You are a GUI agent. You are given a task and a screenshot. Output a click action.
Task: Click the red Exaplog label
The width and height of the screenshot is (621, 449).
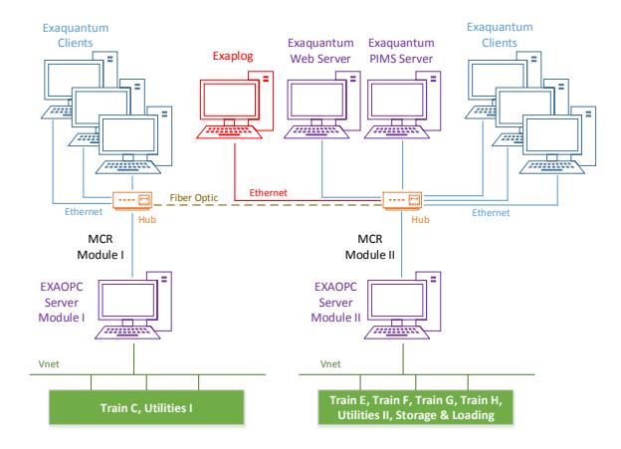233,56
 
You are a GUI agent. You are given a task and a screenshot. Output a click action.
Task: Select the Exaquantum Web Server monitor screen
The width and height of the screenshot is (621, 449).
316,100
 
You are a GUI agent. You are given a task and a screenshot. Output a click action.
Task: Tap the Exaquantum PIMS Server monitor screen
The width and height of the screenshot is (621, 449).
397,100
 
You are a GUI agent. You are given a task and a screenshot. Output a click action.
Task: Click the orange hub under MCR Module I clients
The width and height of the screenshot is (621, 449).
132,200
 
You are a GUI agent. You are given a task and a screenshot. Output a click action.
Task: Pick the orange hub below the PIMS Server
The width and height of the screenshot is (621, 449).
402,200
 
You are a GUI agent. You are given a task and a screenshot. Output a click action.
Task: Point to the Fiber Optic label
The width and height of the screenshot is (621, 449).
194,198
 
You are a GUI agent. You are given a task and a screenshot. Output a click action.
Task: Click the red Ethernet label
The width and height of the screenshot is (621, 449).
268,192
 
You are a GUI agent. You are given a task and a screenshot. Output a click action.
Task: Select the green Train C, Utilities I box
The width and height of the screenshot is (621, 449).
146,407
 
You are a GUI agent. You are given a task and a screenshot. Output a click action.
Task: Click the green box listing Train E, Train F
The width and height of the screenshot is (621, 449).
415,407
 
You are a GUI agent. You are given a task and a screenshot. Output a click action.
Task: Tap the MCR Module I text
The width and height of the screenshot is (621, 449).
101,247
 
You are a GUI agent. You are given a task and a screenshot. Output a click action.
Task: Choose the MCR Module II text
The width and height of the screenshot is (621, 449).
370,247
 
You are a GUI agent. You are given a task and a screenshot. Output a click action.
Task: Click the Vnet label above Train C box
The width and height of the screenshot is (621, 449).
49,363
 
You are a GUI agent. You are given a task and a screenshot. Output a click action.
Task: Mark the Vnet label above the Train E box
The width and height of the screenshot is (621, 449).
330,363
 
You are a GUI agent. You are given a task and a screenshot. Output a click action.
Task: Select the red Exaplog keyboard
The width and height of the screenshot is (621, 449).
229,132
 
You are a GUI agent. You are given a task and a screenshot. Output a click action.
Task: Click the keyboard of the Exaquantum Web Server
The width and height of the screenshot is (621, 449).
316,132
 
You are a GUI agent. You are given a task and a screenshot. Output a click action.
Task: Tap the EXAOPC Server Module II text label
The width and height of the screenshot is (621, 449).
335,302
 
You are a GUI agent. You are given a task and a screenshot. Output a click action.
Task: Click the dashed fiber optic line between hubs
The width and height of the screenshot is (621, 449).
268,205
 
